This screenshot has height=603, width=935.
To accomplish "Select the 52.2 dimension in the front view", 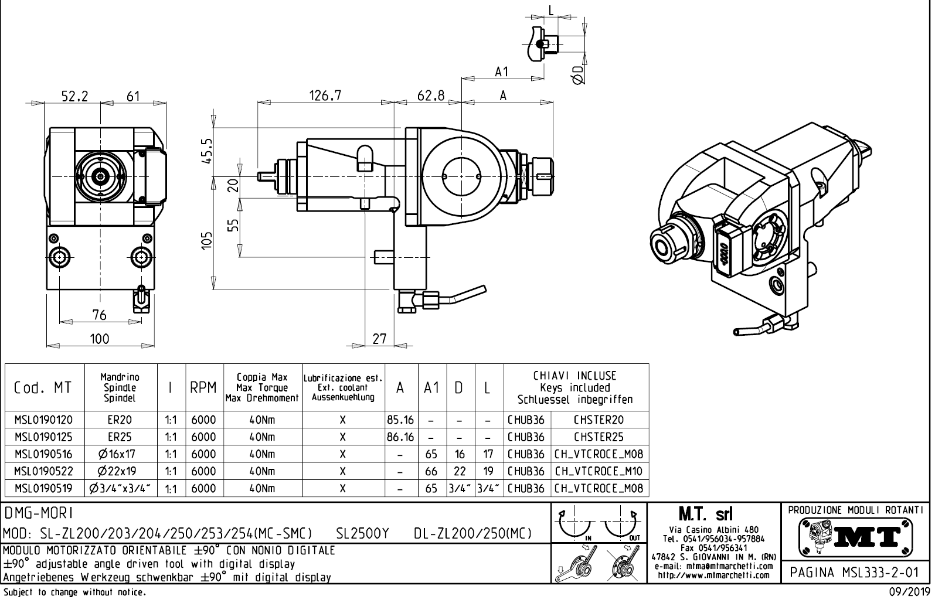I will click(x=75, y=97).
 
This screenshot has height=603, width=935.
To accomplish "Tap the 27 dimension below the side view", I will click(x=380, y=339).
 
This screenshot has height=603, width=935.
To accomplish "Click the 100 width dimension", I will click(x=99, y=339).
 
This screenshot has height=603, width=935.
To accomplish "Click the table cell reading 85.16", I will click(x=400, y=420).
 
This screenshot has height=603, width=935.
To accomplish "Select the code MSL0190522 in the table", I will click(x=44, y=471).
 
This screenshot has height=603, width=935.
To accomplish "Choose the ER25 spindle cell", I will click(x=120, y=437).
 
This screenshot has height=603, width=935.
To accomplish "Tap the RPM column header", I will click(x=203, y=388).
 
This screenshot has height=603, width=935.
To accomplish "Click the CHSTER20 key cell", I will click(x=599, y=420).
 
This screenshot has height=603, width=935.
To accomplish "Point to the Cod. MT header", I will click(x=44, y=388).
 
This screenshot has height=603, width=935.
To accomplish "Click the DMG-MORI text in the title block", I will click(x=39, y=513).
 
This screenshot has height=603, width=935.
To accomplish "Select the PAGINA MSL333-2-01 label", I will click(x=855, y=573).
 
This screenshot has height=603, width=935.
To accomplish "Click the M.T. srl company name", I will click(x=713, y=515).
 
